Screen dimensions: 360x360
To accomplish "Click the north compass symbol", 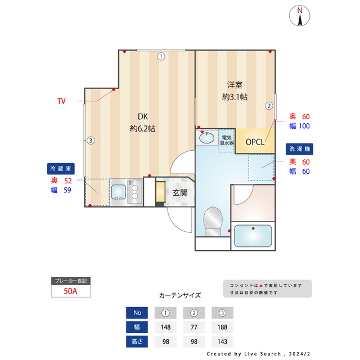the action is (x=299, y=16).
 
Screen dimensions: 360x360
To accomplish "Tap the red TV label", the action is (x=61, y=101).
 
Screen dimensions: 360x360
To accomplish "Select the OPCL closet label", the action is (x=255, y=142).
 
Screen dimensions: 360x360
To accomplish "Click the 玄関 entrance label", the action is (x=180, y=193).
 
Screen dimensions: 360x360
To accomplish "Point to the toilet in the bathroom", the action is (x=213, y=221).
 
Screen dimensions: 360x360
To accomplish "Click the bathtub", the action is (x=253, y=236).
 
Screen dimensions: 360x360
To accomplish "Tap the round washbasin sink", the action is (x=206, y=138).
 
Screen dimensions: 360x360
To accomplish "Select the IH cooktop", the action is (x=134, y=192).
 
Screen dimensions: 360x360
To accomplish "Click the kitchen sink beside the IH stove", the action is (x=119, y=192).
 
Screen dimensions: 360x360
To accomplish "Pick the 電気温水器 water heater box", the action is (x=227, y=141).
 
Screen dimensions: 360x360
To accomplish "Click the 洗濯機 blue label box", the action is (x=299, y=149).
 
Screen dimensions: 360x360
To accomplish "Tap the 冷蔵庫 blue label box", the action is (x=61, y=169).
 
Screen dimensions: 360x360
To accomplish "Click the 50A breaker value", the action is (x=70, y=291).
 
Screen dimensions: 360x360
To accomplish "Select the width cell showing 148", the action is (x=165, y=327).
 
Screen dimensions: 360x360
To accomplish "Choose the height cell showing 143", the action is (x=222, y=341).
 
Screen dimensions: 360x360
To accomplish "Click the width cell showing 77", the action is (x=194, y=327).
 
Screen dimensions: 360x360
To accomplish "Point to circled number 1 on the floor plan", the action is (x=161, y=56).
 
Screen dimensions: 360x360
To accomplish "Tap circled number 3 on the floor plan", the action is (x=91, y=140).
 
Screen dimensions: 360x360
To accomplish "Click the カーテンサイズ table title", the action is (x=180, y=295).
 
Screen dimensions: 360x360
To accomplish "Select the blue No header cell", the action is (x=137, y=313).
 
